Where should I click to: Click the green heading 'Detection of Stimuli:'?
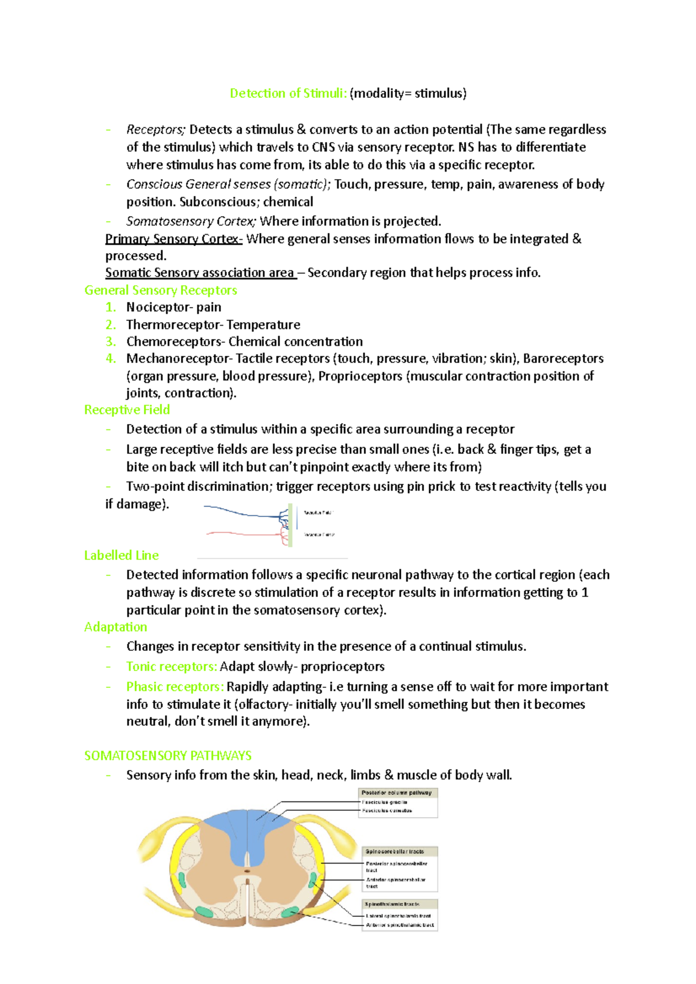click(x=288, y=93)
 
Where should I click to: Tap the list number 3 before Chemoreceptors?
click(x=110, y=341)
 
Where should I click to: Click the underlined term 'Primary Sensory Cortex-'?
click(x=173, y=239)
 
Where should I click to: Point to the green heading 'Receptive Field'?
click(x=127, y=410)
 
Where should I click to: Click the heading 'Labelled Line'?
click(x=121, y=555)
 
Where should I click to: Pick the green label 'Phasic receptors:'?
click(x=175, y=687)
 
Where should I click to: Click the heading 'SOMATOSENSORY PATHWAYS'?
click(x=168, y=756)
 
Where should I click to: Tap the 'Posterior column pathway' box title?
click(x=397, y=793)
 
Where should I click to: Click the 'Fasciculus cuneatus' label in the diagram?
click(x=387, y=811)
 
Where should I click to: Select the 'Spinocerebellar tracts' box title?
click(x=395, y=852)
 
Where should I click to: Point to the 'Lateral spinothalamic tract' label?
click(x=398, y=916)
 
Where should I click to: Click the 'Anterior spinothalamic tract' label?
click(x=400, y=925)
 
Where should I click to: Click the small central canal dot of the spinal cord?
click(x=247, y=871)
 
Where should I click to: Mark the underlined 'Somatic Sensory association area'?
click(x=199, y=273)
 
